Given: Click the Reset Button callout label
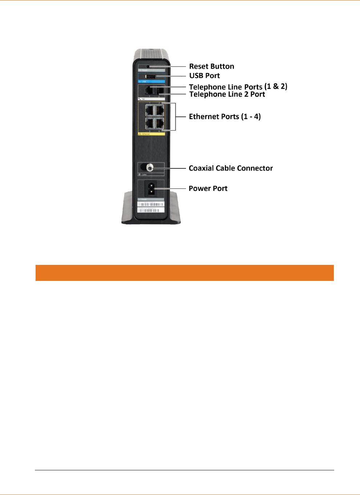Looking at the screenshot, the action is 211,66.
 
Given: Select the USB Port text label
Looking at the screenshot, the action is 205,75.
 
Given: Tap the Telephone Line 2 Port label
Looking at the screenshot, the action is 227,94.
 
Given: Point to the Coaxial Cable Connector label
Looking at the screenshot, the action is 231,168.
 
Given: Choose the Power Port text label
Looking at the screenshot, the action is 208,188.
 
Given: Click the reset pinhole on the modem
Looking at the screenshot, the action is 148,66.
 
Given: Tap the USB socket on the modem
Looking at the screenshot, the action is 150,76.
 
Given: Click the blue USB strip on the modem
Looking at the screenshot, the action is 151,82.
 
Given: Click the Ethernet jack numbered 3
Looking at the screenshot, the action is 150,123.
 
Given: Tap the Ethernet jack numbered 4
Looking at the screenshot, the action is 159,123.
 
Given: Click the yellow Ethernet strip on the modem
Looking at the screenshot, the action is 151,134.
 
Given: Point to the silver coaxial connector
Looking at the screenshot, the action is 149,168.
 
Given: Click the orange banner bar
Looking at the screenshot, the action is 185,273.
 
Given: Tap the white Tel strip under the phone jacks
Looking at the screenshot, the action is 151,99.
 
